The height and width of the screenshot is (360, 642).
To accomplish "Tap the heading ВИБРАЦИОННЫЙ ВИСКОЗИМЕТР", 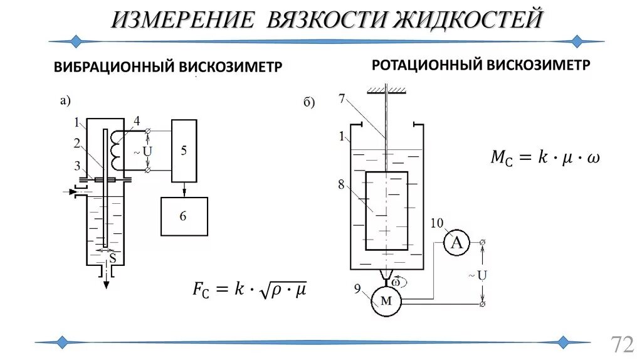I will click(x=167, y=66).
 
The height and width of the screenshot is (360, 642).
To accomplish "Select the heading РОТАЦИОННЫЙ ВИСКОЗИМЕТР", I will click(x=481, y=65).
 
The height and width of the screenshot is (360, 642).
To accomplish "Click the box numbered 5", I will click(x=183, y=150).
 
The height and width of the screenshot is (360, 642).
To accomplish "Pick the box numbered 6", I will click(x=183, y=216).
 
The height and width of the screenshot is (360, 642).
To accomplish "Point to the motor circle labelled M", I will click(x=386, y=301).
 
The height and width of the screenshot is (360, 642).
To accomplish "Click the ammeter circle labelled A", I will click(x=457, y=243).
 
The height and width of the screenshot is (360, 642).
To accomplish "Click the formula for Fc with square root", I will click(x=249, y=290).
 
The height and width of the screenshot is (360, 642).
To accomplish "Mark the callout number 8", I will click(x=341, y=184).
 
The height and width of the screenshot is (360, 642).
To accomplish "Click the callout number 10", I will click(x=438, y=222).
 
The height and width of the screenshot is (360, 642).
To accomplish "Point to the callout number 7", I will click(x=341, y=98).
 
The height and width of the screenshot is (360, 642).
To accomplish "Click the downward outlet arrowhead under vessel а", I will click(x=107, y=284).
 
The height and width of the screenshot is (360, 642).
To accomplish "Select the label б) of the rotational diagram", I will click(x=309, y=103).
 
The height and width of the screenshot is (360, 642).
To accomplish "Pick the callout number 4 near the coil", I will click(x=136, y=121).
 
